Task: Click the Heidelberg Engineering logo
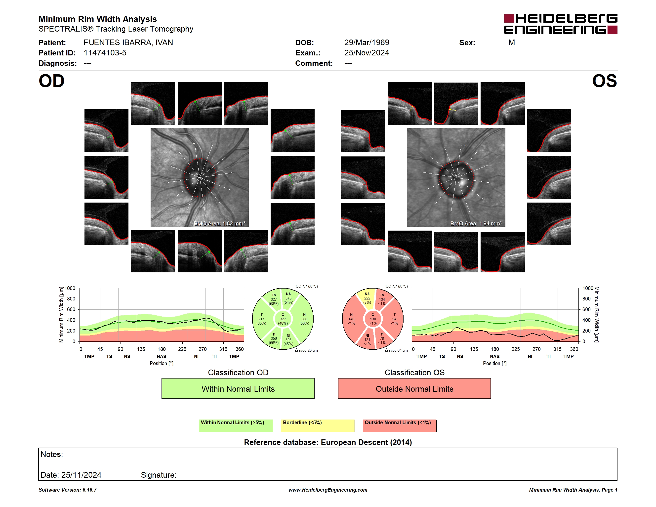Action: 561,24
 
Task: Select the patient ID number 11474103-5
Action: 105,53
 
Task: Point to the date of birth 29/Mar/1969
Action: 367,43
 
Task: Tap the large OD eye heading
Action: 52,81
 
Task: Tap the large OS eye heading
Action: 604,81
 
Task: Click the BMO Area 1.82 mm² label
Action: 219,223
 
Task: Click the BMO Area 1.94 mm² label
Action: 476,223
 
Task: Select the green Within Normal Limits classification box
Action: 238,388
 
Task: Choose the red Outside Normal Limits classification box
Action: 414,388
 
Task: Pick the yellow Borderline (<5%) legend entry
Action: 318,425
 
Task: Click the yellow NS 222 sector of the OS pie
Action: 367,299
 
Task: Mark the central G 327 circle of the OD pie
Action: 283,319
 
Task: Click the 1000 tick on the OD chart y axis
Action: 70,288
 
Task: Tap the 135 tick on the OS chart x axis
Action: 474,349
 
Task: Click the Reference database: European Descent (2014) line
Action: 328,442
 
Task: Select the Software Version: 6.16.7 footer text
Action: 68,490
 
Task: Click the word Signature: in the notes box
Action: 159,475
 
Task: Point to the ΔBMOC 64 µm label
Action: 396,350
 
